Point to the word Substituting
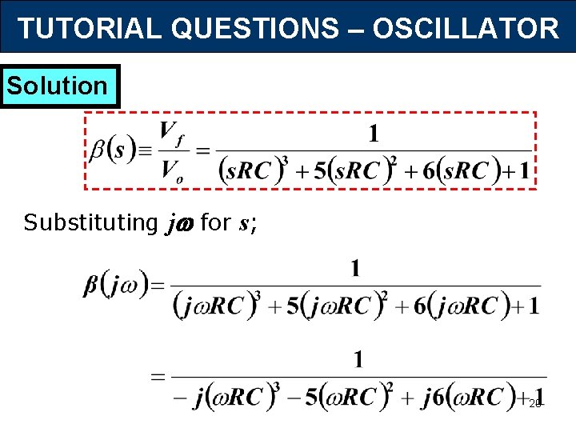[90, 222]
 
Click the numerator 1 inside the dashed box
[373, 134]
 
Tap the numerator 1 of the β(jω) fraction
[355, 268]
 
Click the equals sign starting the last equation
[158, 376]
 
